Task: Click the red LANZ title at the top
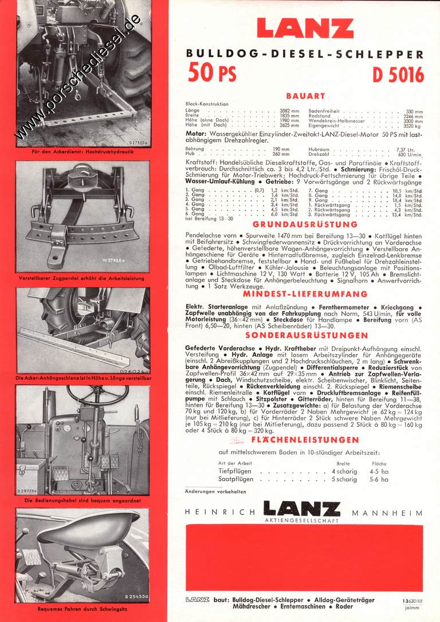point(305,28)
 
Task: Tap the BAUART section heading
point(305,96)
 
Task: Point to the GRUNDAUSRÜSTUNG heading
point(305,225)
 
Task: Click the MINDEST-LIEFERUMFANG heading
point(305,294)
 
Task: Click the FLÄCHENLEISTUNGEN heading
point(305,440)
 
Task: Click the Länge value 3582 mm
point(289,111)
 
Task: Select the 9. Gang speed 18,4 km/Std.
point(412,200)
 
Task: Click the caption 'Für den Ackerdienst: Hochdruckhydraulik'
point(83,152)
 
